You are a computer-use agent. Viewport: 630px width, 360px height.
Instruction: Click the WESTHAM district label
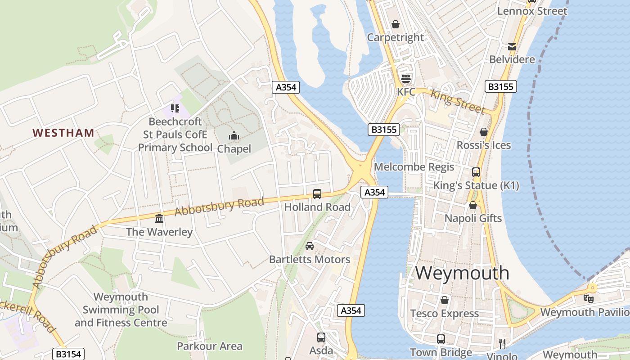[63, 133]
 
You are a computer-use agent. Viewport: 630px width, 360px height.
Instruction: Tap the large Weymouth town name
[462, 273]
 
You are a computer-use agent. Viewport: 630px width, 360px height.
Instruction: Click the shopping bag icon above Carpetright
[396, 24]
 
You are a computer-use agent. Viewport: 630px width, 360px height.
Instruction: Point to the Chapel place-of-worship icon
[234, 135]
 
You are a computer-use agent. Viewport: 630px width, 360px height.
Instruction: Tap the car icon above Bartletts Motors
[310, 246]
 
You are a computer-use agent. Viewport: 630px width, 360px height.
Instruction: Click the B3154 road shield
[68, 354]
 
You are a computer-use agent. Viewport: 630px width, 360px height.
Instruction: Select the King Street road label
[458, 102]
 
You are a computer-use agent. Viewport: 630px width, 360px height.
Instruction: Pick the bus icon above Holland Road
[317, 194]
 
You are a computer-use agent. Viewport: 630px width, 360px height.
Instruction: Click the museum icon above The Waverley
[159, 219]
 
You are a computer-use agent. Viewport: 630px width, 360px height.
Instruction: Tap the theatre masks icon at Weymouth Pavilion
[588, 298]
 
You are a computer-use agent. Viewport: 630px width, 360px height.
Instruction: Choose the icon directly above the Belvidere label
[512, 46]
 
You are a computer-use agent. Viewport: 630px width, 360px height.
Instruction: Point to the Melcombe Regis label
[414, 167]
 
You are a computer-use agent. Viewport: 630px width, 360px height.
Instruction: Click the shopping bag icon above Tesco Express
[445, 300]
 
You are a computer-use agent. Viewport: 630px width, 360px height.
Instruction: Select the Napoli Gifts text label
[473, 218]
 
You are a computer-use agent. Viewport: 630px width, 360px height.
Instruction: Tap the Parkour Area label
[210, 346]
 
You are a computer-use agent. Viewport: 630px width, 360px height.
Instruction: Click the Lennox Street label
[532, 11]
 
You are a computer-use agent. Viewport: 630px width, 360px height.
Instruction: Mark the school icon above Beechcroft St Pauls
[175, 108]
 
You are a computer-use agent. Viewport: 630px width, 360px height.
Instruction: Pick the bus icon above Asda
[321, 337]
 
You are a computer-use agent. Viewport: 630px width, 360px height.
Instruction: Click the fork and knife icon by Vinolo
[502, 344]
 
